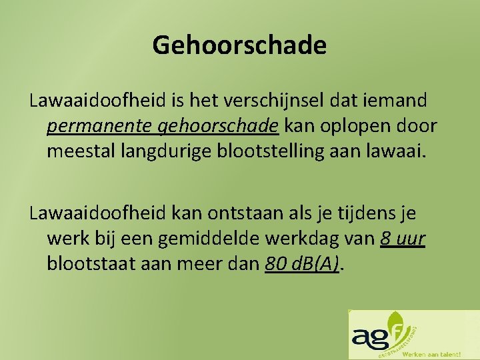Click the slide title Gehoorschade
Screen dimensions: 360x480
pyautogui.click(x=239, y=45)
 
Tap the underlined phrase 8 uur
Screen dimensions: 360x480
pyautogui.click(x=403, y=239)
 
